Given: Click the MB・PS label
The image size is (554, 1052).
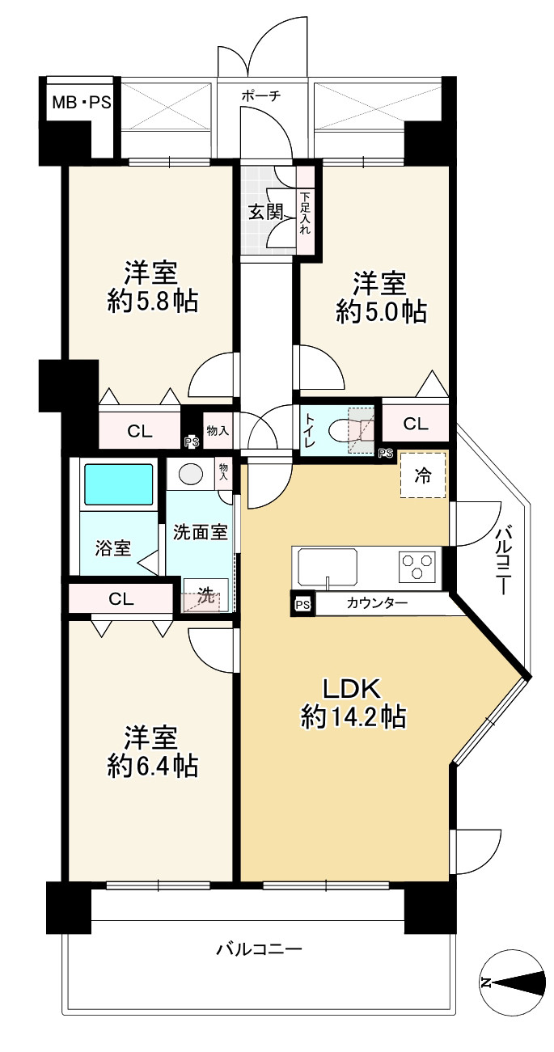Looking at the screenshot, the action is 81,103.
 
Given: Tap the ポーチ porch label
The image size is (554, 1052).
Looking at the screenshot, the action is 260,95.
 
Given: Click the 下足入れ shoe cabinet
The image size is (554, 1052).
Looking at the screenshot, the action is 306,210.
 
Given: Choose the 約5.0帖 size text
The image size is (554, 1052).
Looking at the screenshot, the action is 382,311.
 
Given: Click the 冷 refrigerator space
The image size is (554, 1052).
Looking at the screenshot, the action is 422,475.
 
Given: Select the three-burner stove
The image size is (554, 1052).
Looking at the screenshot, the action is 417,566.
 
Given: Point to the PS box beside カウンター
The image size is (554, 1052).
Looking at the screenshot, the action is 303,604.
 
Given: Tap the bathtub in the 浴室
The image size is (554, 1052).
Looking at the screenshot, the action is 118,484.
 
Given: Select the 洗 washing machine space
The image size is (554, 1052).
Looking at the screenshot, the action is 205,595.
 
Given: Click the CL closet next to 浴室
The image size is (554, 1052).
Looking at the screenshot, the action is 121,598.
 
